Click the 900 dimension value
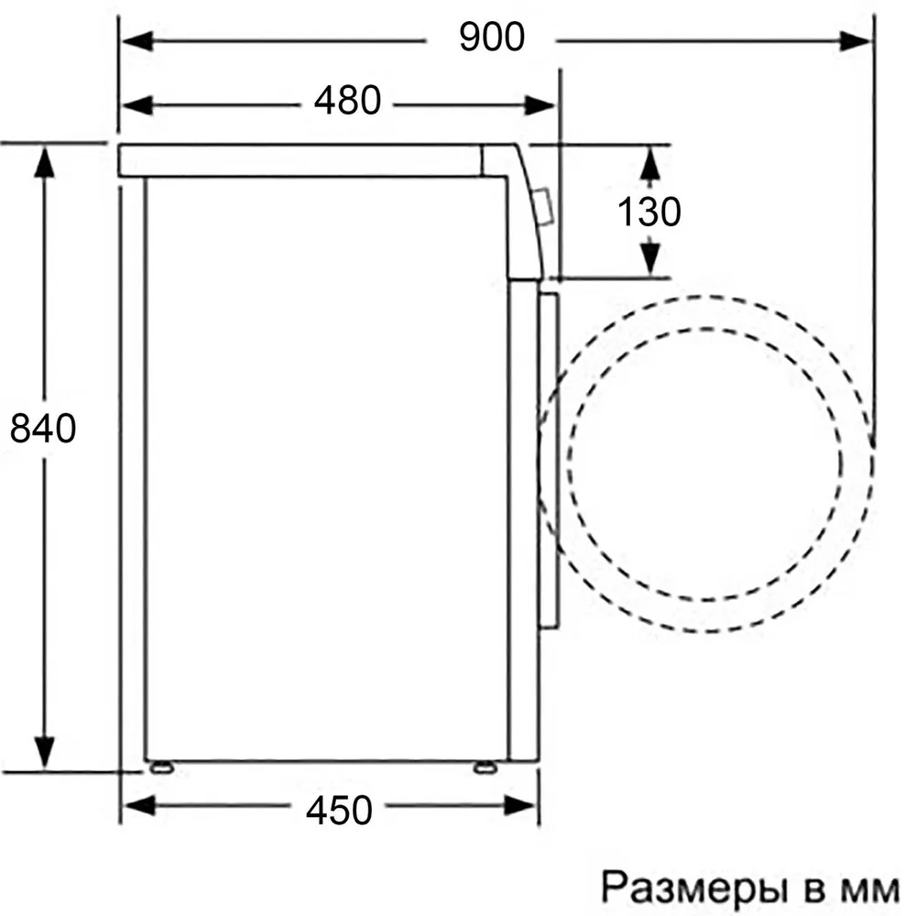[492, 37]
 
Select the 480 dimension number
[347, 101]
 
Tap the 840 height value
[43, 428]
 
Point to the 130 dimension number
[649, 212]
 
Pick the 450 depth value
[339, 811]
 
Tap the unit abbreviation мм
[870, 890]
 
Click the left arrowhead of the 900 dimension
[138, 41]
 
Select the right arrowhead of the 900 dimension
[856, 41]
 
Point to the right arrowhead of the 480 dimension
[540, 105]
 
